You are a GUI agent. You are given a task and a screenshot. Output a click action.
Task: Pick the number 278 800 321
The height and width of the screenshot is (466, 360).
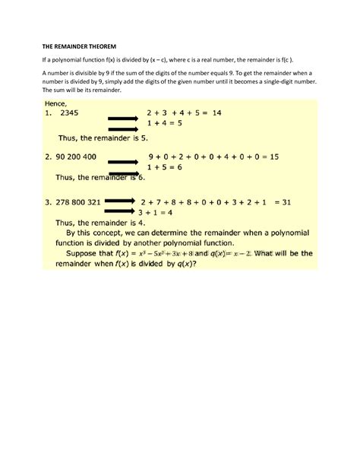coord(74,202)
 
